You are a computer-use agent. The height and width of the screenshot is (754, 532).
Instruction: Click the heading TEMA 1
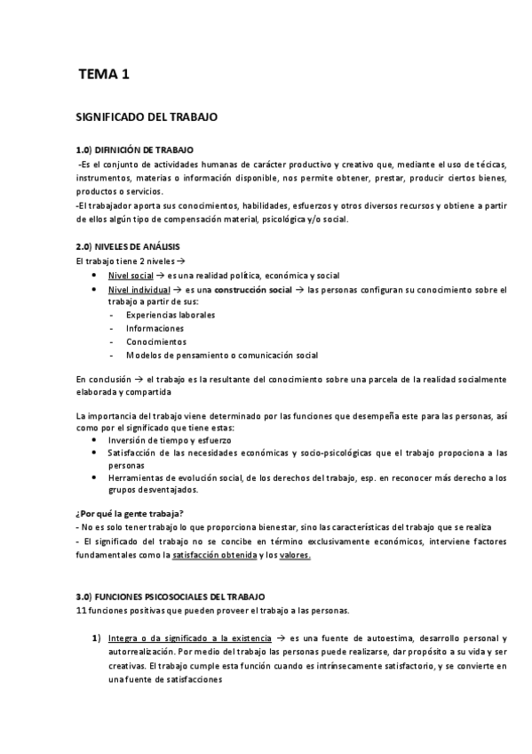pos(104,76)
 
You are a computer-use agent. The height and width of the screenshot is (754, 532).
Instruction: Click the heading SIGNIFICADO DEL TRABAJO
pos(146,116)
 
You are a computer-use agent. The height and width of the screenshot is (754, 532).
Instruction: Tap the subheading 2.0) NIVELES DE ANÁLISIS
pos(131,245)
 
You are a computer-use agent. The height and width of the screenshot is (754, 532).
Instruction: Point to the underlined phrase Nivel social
pos(130,276)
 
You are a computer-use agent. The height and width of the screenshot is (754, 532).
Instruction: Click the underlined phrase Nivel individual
pos(137,290)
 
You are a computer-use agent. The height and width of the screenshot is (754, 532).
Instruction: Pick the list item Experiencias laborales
pos(171,315)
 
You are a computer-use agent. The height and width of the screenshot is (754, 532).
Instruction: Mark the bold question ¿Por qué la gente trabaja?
pos(131,513)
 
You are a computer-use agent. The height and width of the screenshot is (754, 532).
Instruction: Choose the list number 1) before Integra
pos(96,638)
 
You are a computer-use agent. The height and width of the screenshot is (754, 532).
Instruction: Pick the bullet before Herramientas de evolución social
pos(96,477)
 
